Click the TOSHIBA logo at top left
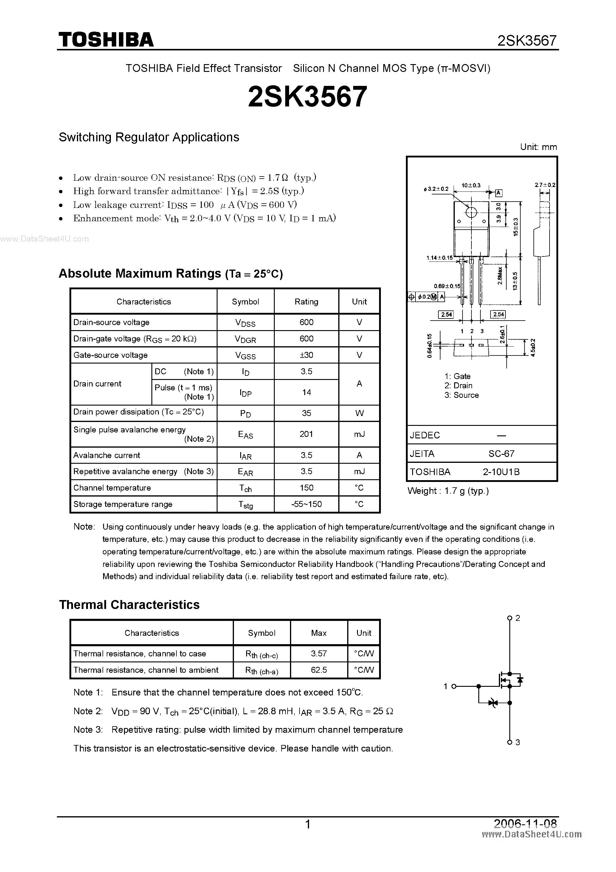(106, 39)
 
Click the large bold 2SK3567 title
(308, 96)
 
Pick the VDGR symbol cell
(245, 339)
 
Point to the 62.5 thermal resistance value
(319, 670)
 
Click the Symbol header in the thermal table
(261, 633)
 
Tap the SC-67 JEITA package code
(501, 454)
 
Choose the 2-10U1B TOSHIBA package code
(501, 472)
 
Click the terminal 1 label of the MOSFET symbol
(446, 686)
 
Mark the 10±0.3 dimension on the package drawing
(471, 185)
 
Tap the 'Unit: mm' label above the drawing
(538, 147)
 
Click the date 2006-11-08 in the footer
(525, 823)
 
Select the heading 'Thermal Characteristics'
(129, 604)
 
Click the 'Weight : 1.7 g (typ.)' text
(448, 491)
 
